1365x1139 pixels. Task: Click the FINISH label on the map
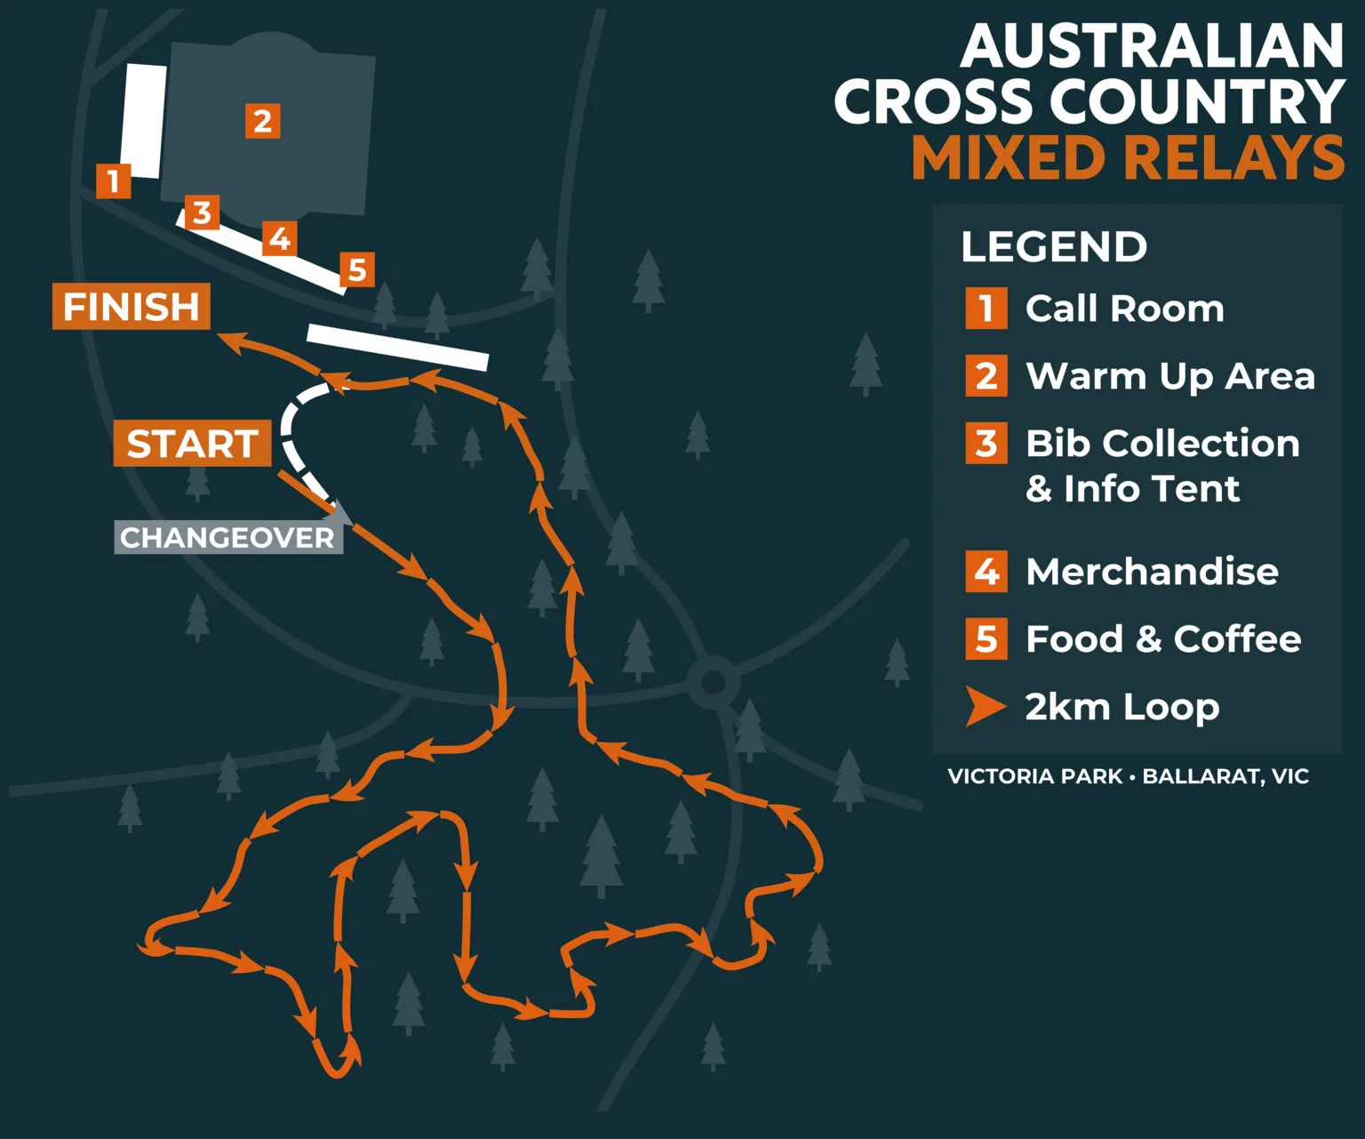pyautogui.click(x=132, y=307)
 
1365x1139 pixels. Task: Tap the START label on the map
pyautogui.click(x=192, y=443)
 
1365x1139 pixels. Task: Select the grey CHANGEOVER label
pyautogui.click(x=227, y=538)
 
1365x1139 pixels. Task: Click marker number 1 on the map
pyautogui.click(x=113, y=180)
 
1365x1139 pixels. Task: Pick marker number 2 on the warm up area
pyautogui.click(x=262, y=121)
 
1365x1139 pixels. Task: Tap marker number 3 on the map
pyautogui.click(x=203, y=213)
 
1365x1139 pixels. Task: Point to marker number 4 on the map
pyautogui.click(x=280, y=238)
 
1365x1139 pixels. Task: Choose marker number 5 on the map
pyautogui.click(x=357, y=269)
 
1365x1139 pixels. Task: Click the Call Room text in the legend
pyautogui.click(x=1124, y=309)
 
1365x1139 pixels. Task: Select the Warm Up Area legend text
pyautogui.click(x=1169, y=376)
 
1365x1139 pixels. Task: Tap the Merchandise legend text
pyautogui.click(x=1152, y=572)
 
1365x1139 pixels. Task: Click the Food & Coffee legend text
pyautogui.click(x=1163, y=638)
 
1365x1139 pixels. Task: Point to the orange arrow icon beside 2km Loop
pyautogui.click(x=985, y=707)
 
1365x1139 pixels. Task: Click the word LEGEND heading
pyautogui.click(x=1054, y=246)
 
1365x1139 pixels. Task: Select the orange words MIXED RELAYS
pyautogui.click(x=1128, y=157)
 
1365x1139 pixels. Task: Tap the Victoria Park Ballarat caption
pyautogui.click(x=1128, y=776)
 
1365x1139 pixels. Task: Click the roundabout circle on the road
pyautogui.click(x=713, y=683)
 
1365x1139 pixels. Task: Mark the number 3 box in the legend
pyautogui.click(x=986, y=443)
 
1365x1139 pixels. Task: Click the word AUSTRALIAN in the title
pyautogui.click(x=1152, y=46)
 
